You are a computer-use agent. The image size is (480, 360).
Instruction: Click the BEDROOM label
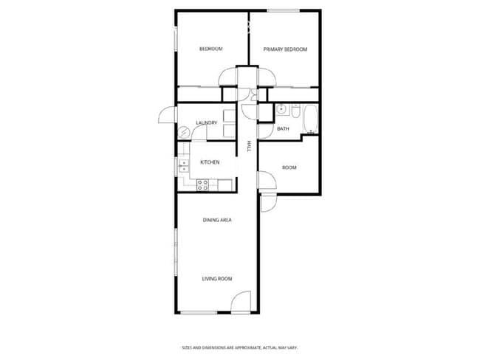(211, 49)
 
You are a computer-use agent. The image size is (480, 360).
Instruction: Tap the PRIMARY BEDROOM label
(285, 49)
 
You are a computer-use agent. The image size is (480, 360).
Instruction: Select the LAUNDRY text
(206, 123)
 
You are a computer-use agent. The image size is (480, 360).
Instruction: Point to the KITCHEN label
(210, 162)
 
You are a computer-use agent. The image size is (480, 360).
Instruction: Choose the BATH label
(283, 129)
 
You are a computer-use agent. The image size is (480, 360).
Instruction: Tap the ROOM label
(289, 167)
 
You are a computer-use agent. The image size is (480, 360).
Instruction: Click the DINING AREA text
(218, 220)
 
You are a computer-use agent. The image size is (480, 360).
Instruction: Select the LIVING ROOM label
(218, 279)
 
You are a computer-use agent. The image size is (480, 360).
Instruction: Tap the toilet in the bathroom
(295, 113)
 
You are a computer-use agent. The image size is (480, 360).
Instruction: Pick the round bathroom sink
(281, 111)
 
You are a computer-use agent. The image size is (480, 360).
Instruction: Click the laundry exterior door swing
(164, 116)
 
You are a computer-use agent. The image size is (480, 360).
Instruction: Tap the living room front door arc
(241, 302)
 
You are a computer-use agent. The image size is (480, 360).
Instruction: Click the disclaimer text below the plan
(240, 347)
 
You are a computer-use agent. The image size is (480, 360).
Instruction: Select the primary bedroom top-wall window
(283, 10)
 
